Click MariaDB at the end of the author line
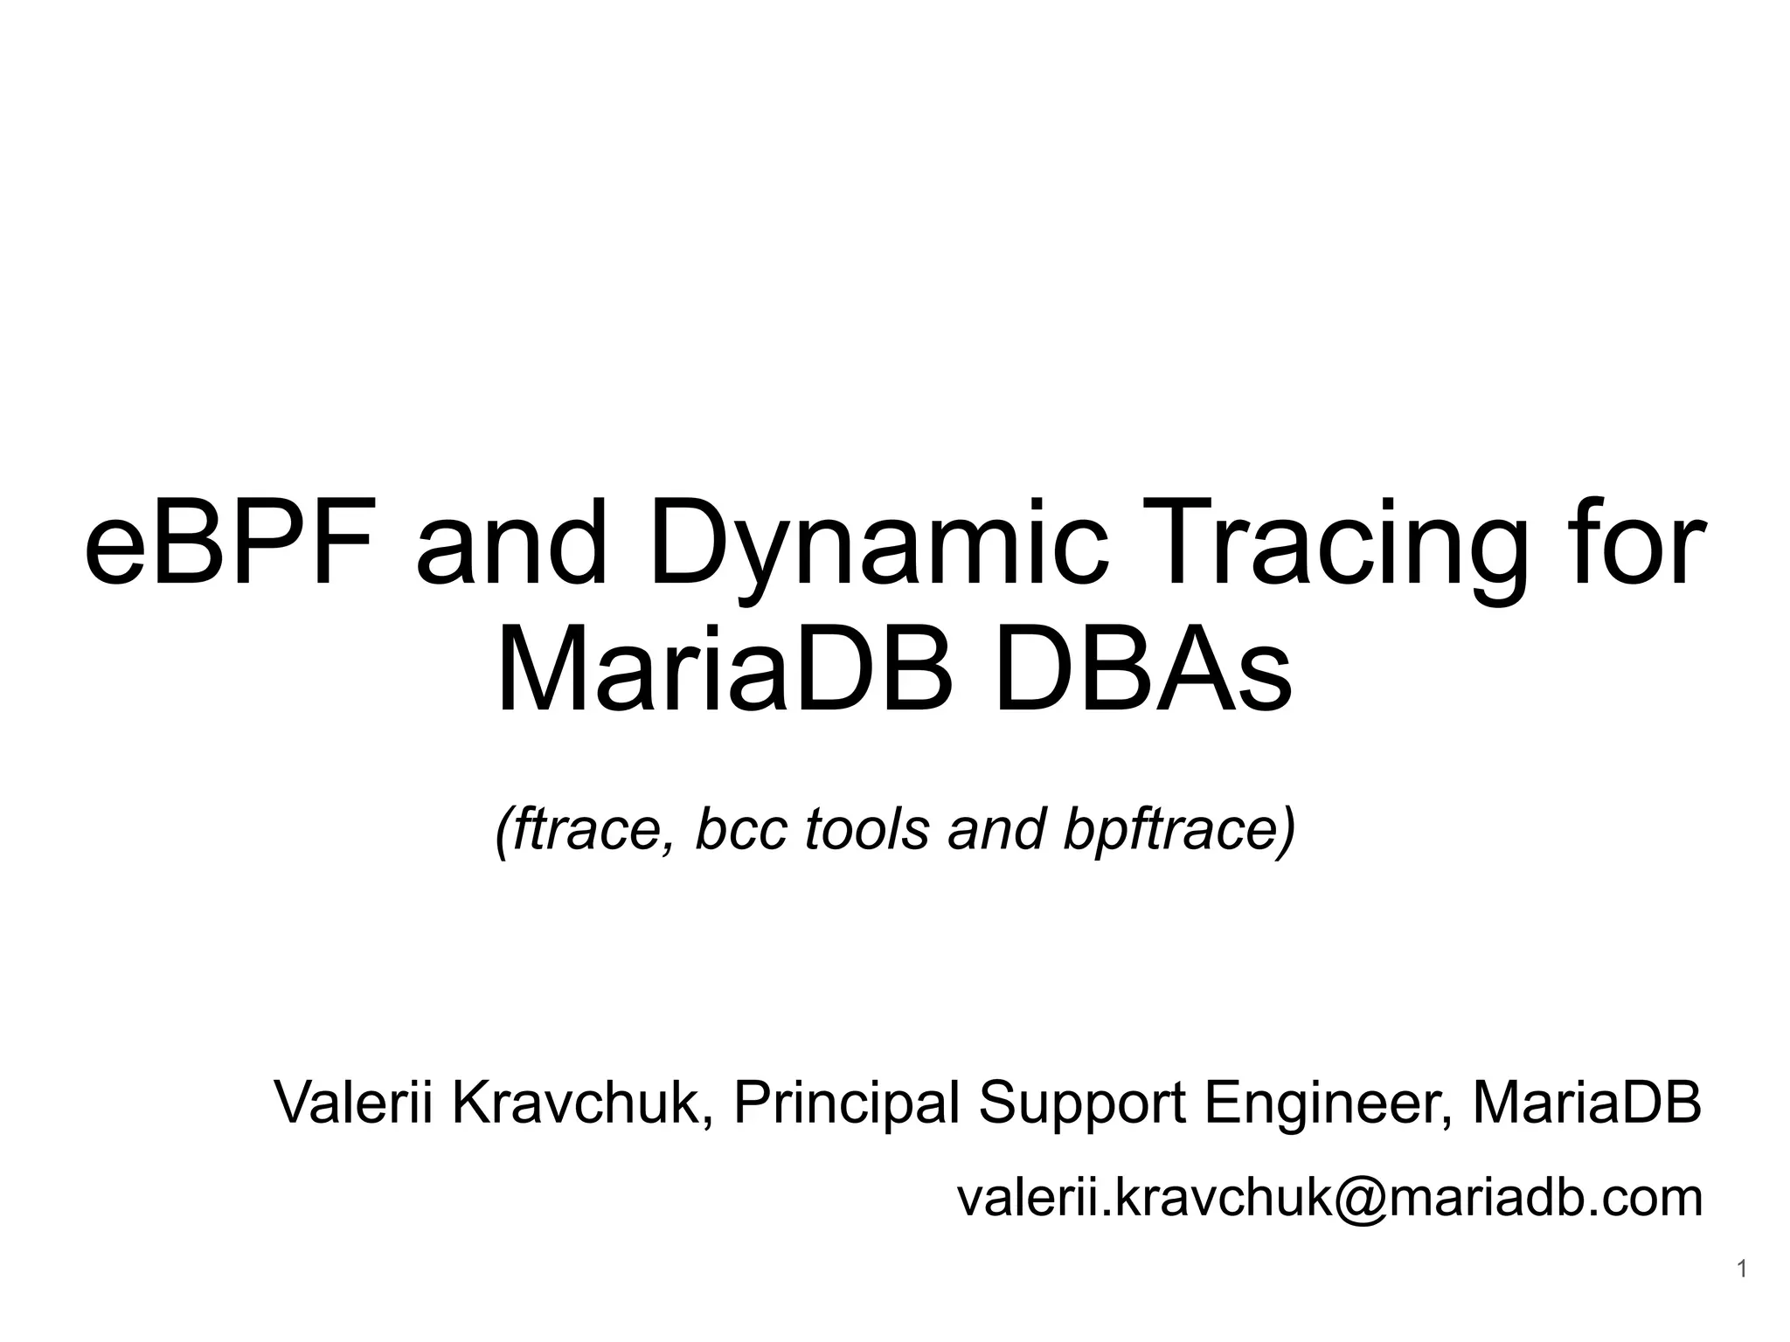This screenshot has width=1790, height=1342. pos(1587,1103)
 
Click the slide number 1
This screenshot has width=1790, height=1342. pos(1742,1269)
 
